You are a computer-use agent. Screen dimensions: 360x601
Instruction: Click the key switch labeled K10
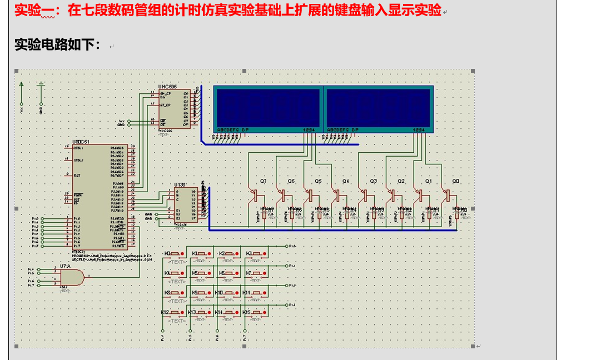[x=230, y=293]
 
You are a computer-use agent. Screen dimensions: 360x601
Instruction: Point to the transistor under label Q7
[x=255, y=196]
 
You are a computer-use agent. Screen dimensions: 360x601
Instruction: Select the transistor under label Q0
[x=448, y=196]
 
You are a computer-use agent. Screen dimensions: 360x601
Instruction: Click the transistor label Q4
[x=346, y=181]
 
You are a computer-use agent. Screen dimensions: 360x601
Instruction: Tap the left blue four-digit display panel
[x=266, y=108]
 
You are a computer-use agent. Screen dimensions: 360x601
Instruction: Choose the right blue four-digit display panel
[x=379, y=108]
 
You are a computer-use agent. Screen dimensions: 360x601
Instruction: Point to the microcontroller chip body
[x=100, y=197]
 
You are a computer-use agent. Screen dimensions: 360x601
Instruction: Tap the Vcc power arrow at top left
[x=22, y=86]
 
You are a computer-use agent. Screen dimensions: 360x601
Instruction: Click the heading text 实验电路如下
[x=58, y=45]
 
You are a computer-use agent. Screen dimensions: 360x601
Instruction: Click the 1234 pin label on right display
[x=419, y=130]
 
